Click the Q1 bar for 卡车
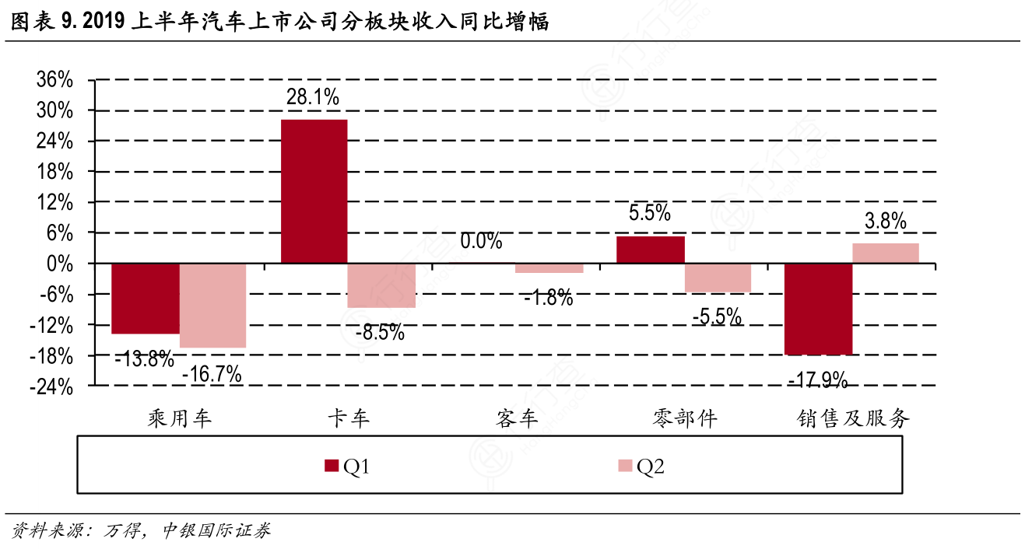[x=314, y=191]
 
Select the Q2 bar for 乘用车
[x=212, y=306]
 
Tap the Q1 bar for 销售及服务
[x=818, y=309]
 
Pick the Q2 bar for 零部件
[x=718, y=278]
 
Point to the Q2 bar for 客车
[x=549, y=268]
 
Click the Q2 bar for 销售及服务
[x=885, y=254]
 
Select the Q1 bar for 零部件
[x=651, y=250]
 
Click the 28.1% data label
[x=313, y=98]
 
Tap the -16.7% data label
[x=212, y=374]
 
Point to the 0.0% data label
[x=481, y=242]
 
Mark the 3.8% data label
[x=885, y=222]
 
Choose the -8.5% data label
[x=380, y=333]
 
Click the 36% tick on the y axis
[x=55, y=80]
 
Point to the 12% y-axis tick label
[x=55, y=202]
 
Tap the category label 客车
[x=516, y=419]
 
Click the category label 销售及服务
[x=853, y=419]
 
